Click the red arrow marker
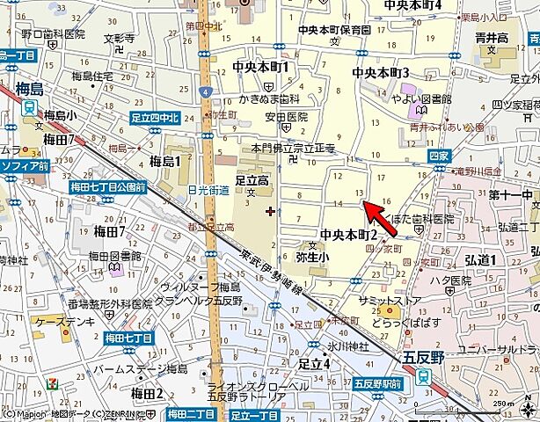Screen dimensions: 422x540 [x=380, y=219]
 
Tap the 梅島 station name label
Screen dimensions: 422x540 [x=36, y=88]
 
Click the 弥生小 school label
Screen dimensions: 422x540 [x=311, y=257]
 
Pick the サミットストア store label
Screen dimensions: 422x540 [x=389, y=301]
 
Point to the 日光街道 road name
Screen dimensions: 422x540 [x=208, y=190]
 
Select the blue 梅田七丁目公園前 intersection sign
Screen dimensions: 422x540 [x=108, y=186]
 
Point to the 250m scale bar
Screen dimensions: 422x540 [x=510, y=411]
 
